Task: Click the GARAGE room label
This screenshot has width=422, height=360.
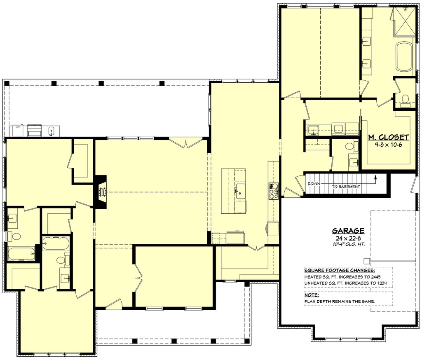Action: point(348,231)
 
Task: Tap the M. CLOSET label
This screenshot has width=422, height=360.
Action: point(388,138)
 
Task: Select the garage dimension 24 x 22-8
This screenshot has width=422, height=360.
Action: point(348,238)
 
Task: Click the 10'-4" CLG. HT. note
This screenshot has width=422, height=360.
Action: point(348,244)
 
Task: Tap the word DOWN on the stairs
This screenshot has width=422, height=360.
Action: point(314,184)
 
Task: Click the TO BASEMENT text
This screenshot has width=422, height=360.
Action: point(346,187)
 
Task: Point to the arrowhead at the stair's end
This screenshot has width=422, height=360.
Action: point(375,177)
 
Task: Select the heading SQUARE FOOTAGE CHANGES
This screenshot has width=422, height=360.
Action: point(339,270)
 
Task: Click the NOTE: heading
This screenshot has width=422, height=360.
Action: point(312,295)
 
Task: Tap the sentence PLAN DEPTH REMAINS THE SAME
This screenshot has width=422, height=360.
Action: point(340,302)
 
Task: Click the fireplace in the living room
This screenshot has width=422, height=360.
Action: point(100,192)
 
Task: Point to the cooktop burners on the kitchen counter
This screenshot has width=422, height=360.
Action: point(274,191)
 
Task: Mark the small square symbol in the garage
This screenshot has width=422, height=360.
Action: point(366,261)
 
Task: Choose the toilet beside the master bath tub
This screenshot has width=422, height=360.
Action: point(405,100)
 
